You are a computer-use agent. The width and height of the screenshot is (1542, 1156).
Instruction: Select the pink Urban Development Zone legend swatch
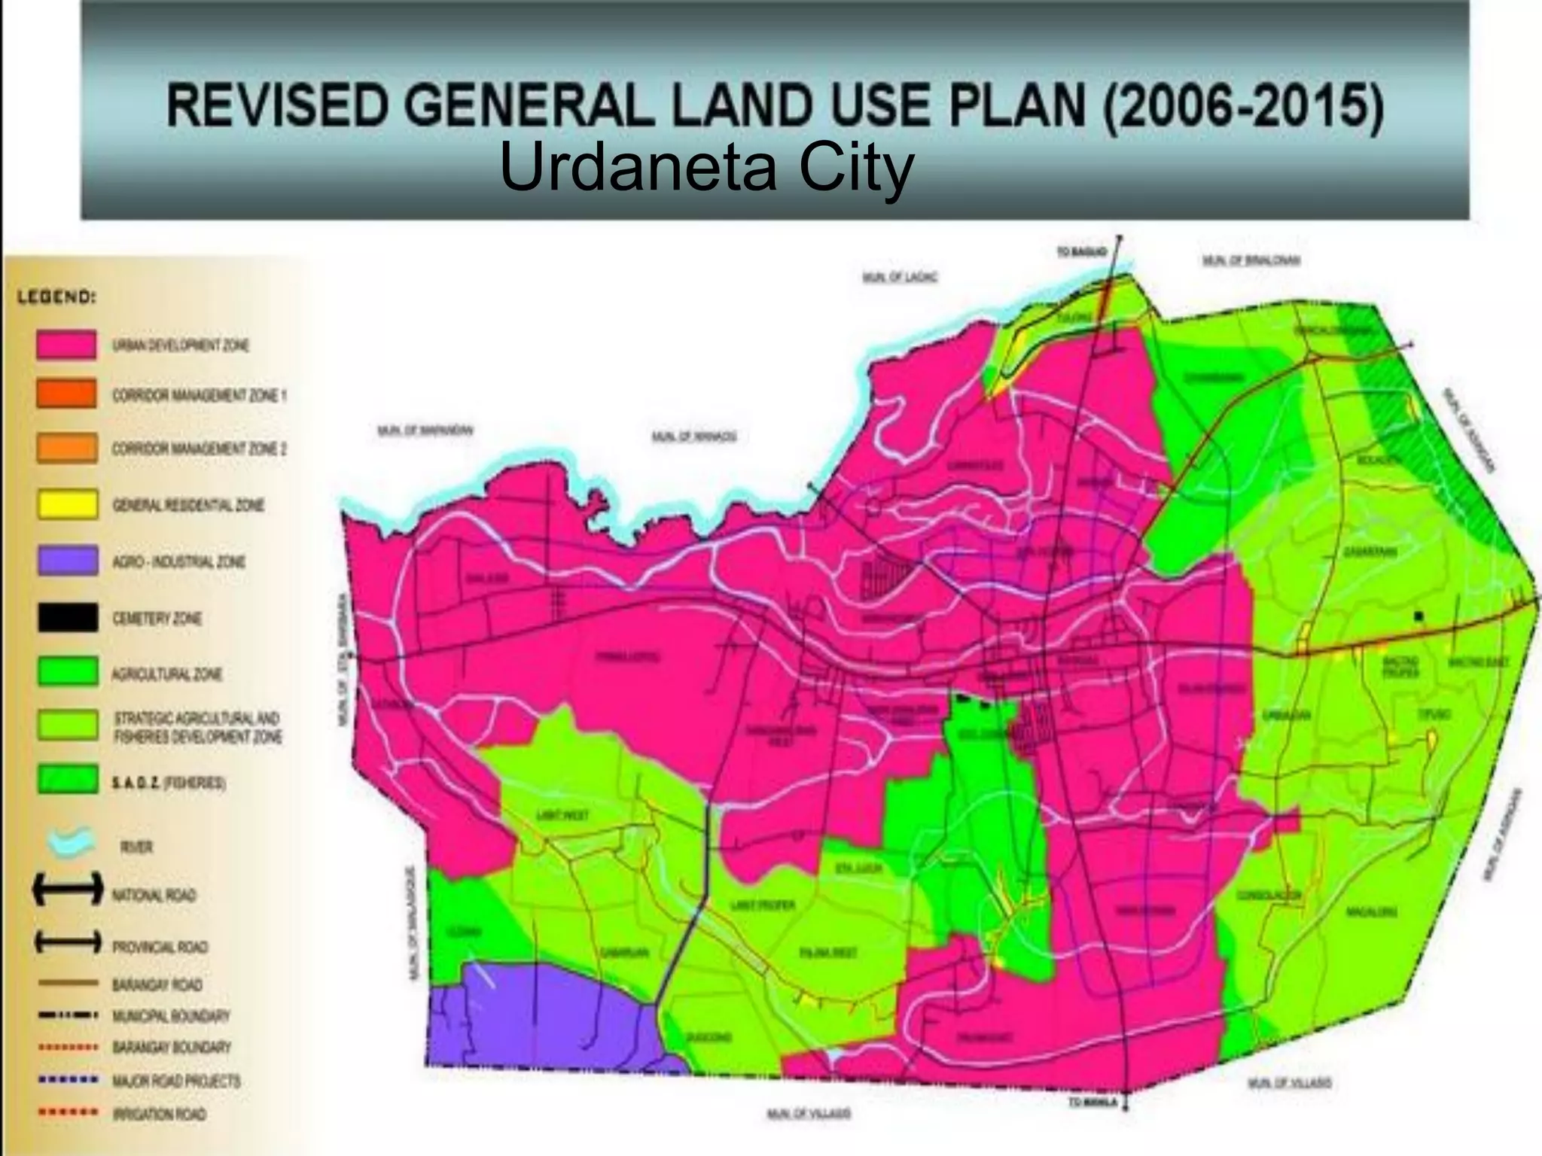[66, 345]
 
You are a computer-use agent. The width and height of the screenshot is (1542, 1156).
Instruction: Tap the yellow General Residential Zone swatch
[66, 504]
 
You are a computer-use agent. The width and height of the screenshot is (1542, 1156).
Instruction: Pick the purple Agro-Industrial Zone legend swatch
[66, 561]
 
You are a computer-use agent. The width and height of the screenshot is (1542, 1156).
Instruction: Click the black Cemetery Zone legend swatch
[66, 618]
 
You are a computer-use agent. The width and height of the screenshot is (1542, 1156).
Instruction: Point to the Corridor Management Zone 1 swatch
[66, 394]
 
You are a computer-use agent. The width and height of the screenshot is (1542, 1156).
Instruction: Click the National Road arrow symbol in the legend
[66, 891]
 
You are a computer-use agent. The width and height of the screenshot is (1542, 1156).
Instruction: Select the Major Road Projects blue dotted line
[69, 1080]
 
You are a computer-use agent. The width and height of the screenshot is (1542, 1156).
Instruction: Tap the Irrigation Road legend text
[159, 1114]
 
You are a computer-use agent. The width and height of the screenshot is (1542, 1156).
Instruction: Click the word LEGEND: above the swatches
[57, 298]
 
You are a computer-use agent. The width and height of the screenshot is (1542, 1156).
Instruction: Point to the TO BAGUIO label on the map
[1081, 253]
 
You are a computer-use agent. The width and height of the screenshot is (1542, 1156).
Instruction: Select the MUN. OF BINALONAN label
[1251, 261]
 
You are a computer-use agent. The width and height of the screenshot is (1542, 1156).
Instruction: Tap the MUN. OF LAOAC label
[900, 278]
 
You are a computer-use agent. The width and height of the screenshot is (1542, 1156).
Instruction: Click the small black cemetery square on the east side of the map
[1419, 616]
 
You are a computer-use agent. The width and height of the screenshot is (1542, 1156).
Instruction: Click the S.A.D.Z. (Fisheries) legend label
[169, 783]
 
